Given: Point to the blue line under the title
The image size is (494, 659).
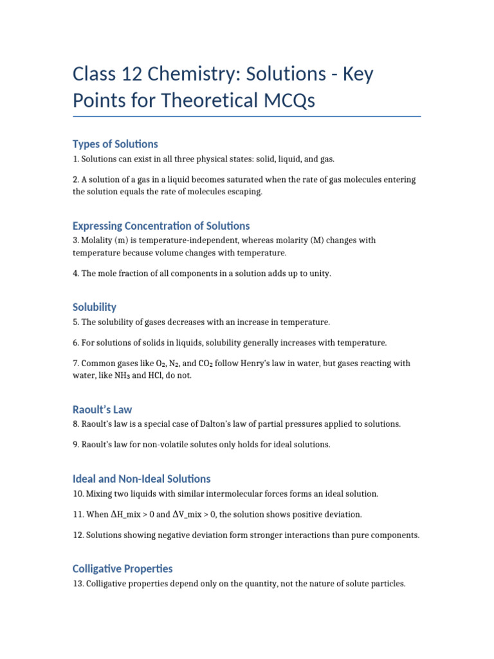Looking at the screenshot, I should (x=247, y=116).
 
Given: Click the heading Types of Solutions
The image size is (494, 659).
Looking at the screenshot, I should (x=115, y=144).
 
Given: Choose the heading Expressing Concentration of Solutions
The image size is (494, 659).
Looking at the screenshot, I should (x=161, y=226).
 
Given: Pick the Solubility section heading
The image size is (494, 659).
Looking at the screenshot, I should (x=95, y=307).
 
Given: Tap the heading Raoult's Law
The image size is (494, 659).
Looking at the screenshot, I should (x=102, y=409).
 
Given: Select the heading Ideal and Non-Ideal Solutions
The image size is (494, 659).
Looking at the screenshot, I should (x=142, y=479).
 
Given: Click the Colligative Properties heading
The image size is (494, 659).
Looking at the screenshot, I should (x=122, y=569).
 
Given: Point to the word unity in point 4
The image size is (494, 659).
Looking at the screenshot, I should (x=320, y=274).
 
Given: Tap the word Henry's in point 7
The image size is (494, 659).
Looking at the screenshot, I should (x=253, y=364).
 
